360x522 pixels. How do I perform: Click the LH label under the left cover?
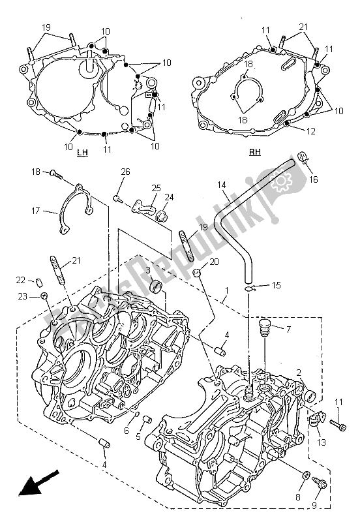82,153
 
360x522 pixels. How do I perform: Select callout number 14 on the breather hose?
222,185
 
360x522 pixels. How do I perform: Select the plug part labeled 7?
265,328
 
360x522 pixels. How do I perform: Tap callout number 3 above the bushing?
149,270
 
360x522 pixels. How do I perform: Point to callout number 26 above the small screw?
125,172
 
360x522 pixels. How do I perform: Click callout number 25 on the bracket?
157,187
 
